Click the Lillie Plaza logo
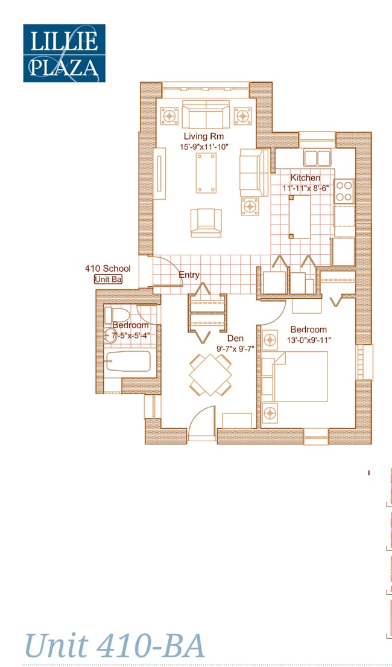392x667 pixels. pyautogui.click(x=64, y=53)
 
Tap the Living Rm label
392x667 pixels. pyautogui.click(x=203, y=137)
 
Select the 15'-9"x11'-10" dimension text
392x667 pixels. pyautogui.click(x=203, y=147)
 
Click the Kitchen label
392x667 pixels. pyautogui.click(x=305, y=178)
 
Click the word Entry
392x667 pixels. pyautogui.click(x=189, y=275)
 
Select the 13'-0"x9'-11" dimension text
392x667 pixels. pyautogui.click(x=309, y=340)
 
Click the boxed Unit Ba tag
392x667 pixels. pyautogui.click(x=109, y=279)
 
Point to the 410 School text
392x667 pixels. pyautogui.click(x=107, y=269)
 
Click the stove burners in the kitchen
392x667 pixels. pyautogui.click(x=344, y=191)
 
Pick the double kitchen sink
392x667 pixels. pyautogui.click(x=317, y=158)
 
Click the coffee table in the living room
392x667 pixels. pyautogui.click(x=206, y=173)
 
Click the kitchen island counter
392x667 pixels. pyautogui.click(x=300, y=215)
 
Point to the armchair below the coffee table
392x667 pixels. pyautogui.click(x=206, y=222)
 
